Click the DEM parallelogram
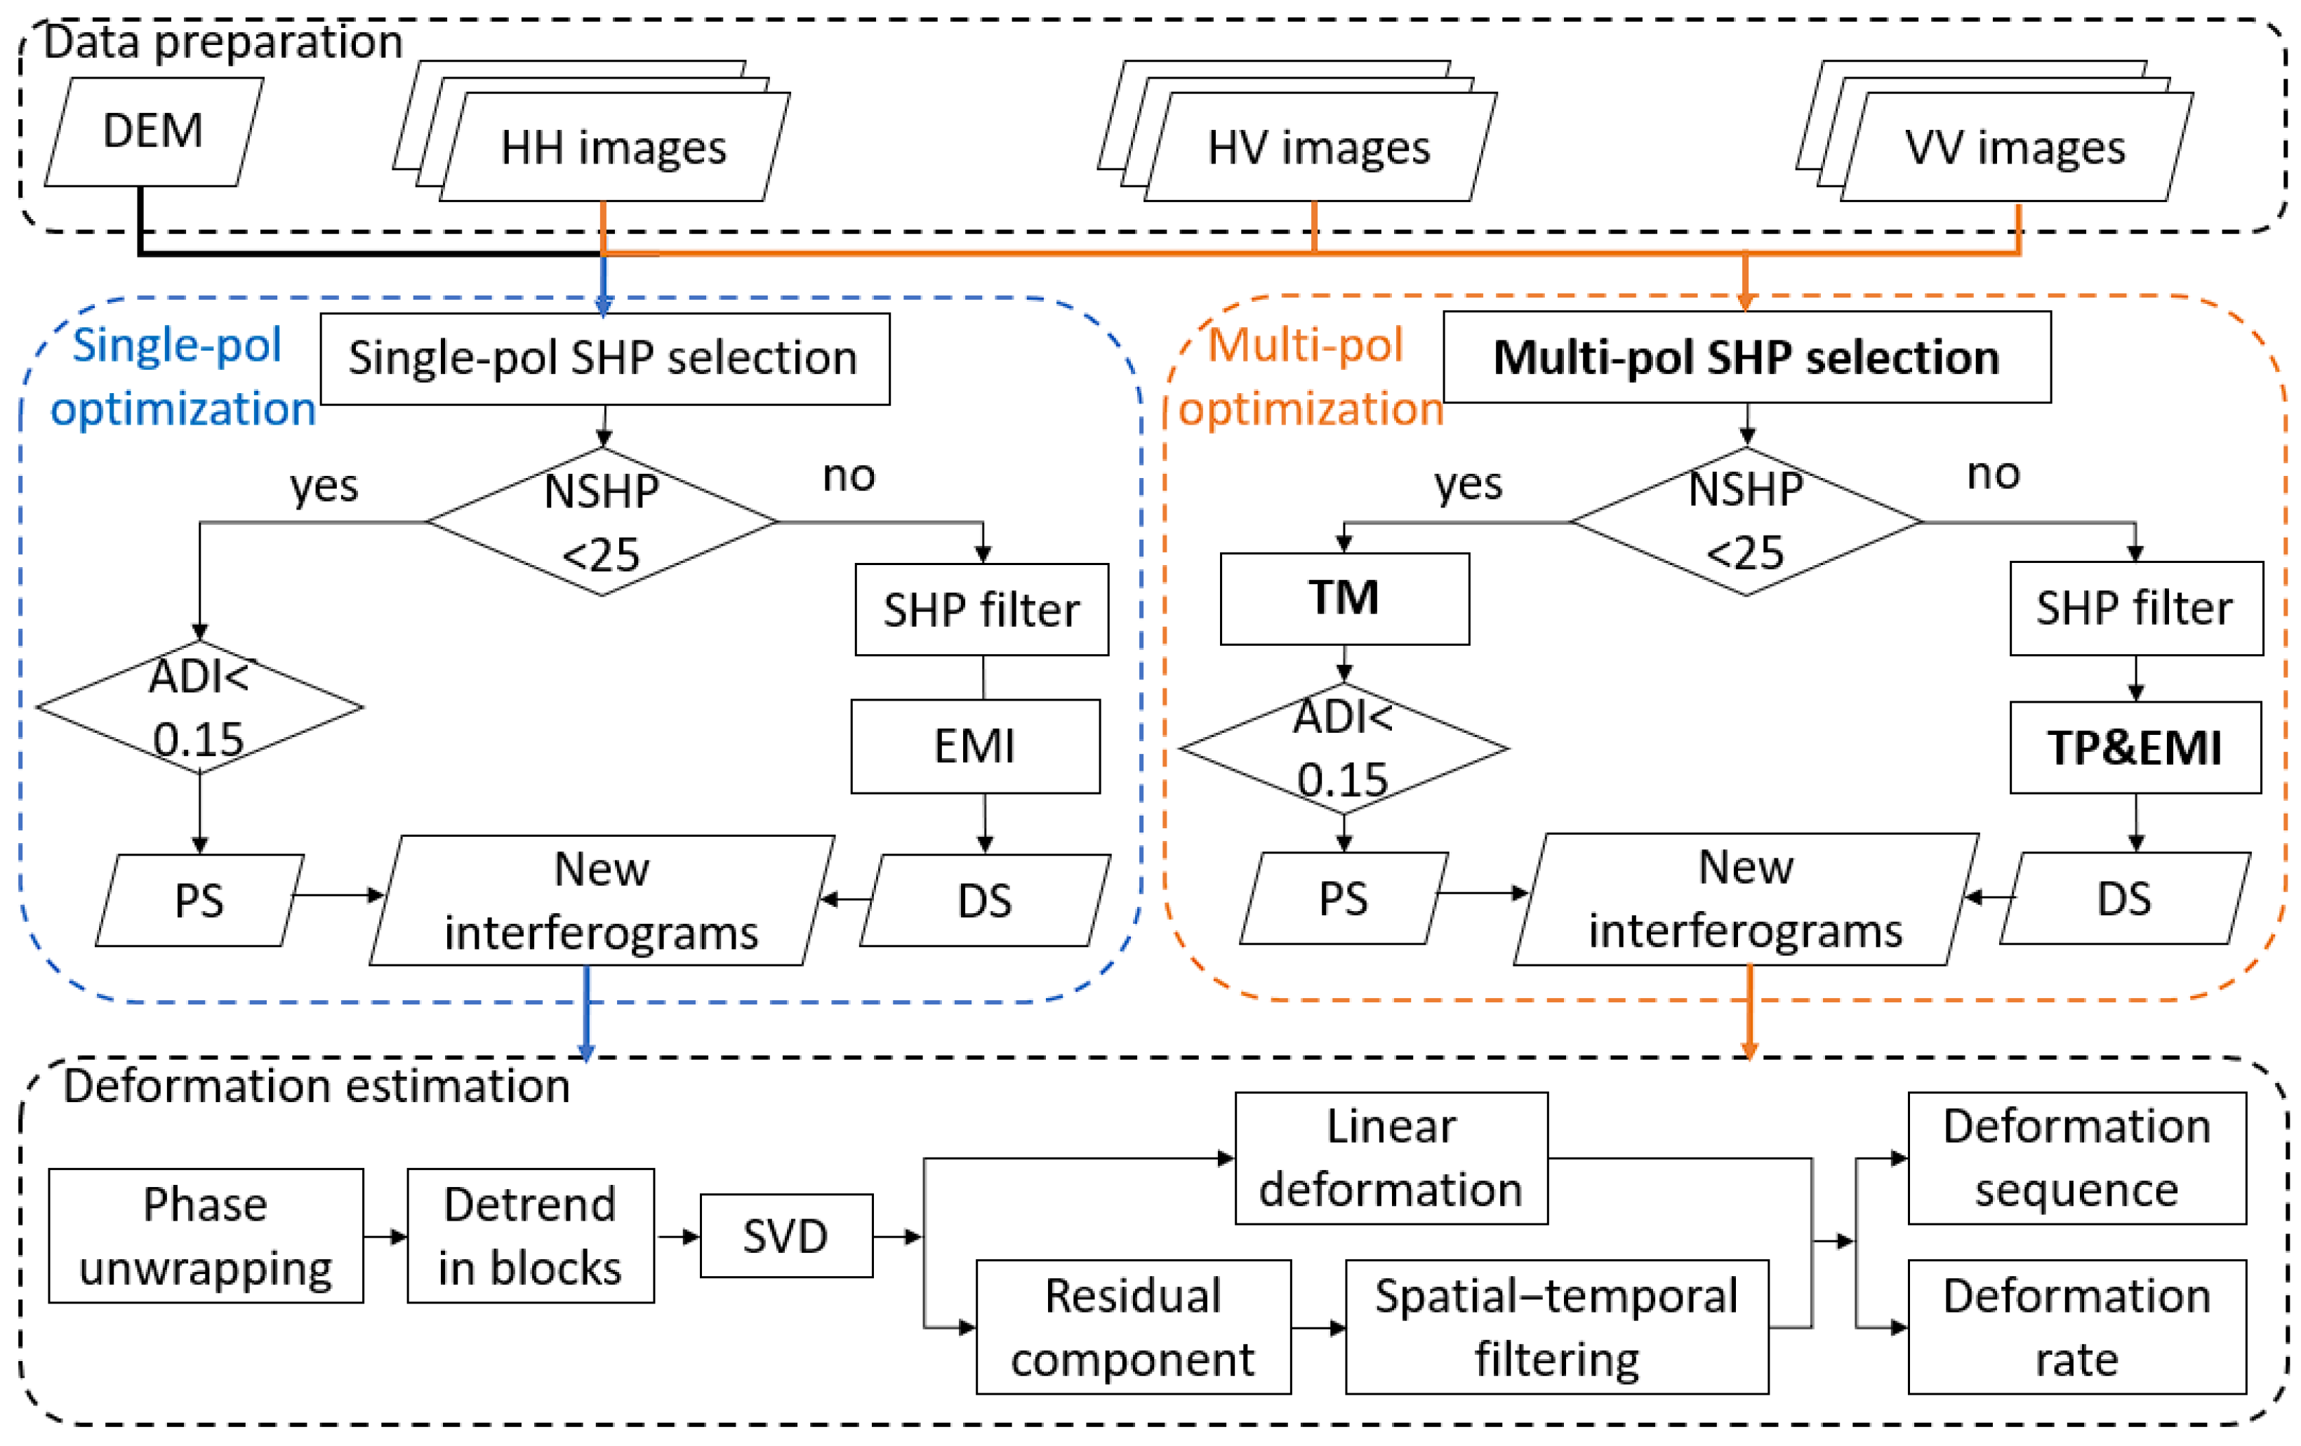point(153,131)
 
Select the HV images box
point(1319,148)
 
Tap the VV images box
point(2015,148)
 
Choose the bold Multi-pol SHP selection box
point(1746,357)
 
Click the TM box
point(1344,598)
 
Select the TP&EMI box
point(2135,748)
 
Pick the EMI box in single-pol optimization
point(975,746)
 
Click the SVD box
point(785,1235)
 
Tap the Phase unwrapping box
point(206,1235)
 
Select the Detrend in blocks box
point(531,1235)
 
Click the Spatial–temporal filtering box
point(1556,1327)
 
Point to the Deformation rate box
point(2076,1327)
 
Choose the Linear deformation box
point(1391,1158)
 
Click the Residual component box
point(1132,1327)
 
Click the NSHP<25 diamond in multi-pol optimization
point(1746,522)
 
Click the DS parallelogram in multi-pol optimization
point(2124,898)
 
